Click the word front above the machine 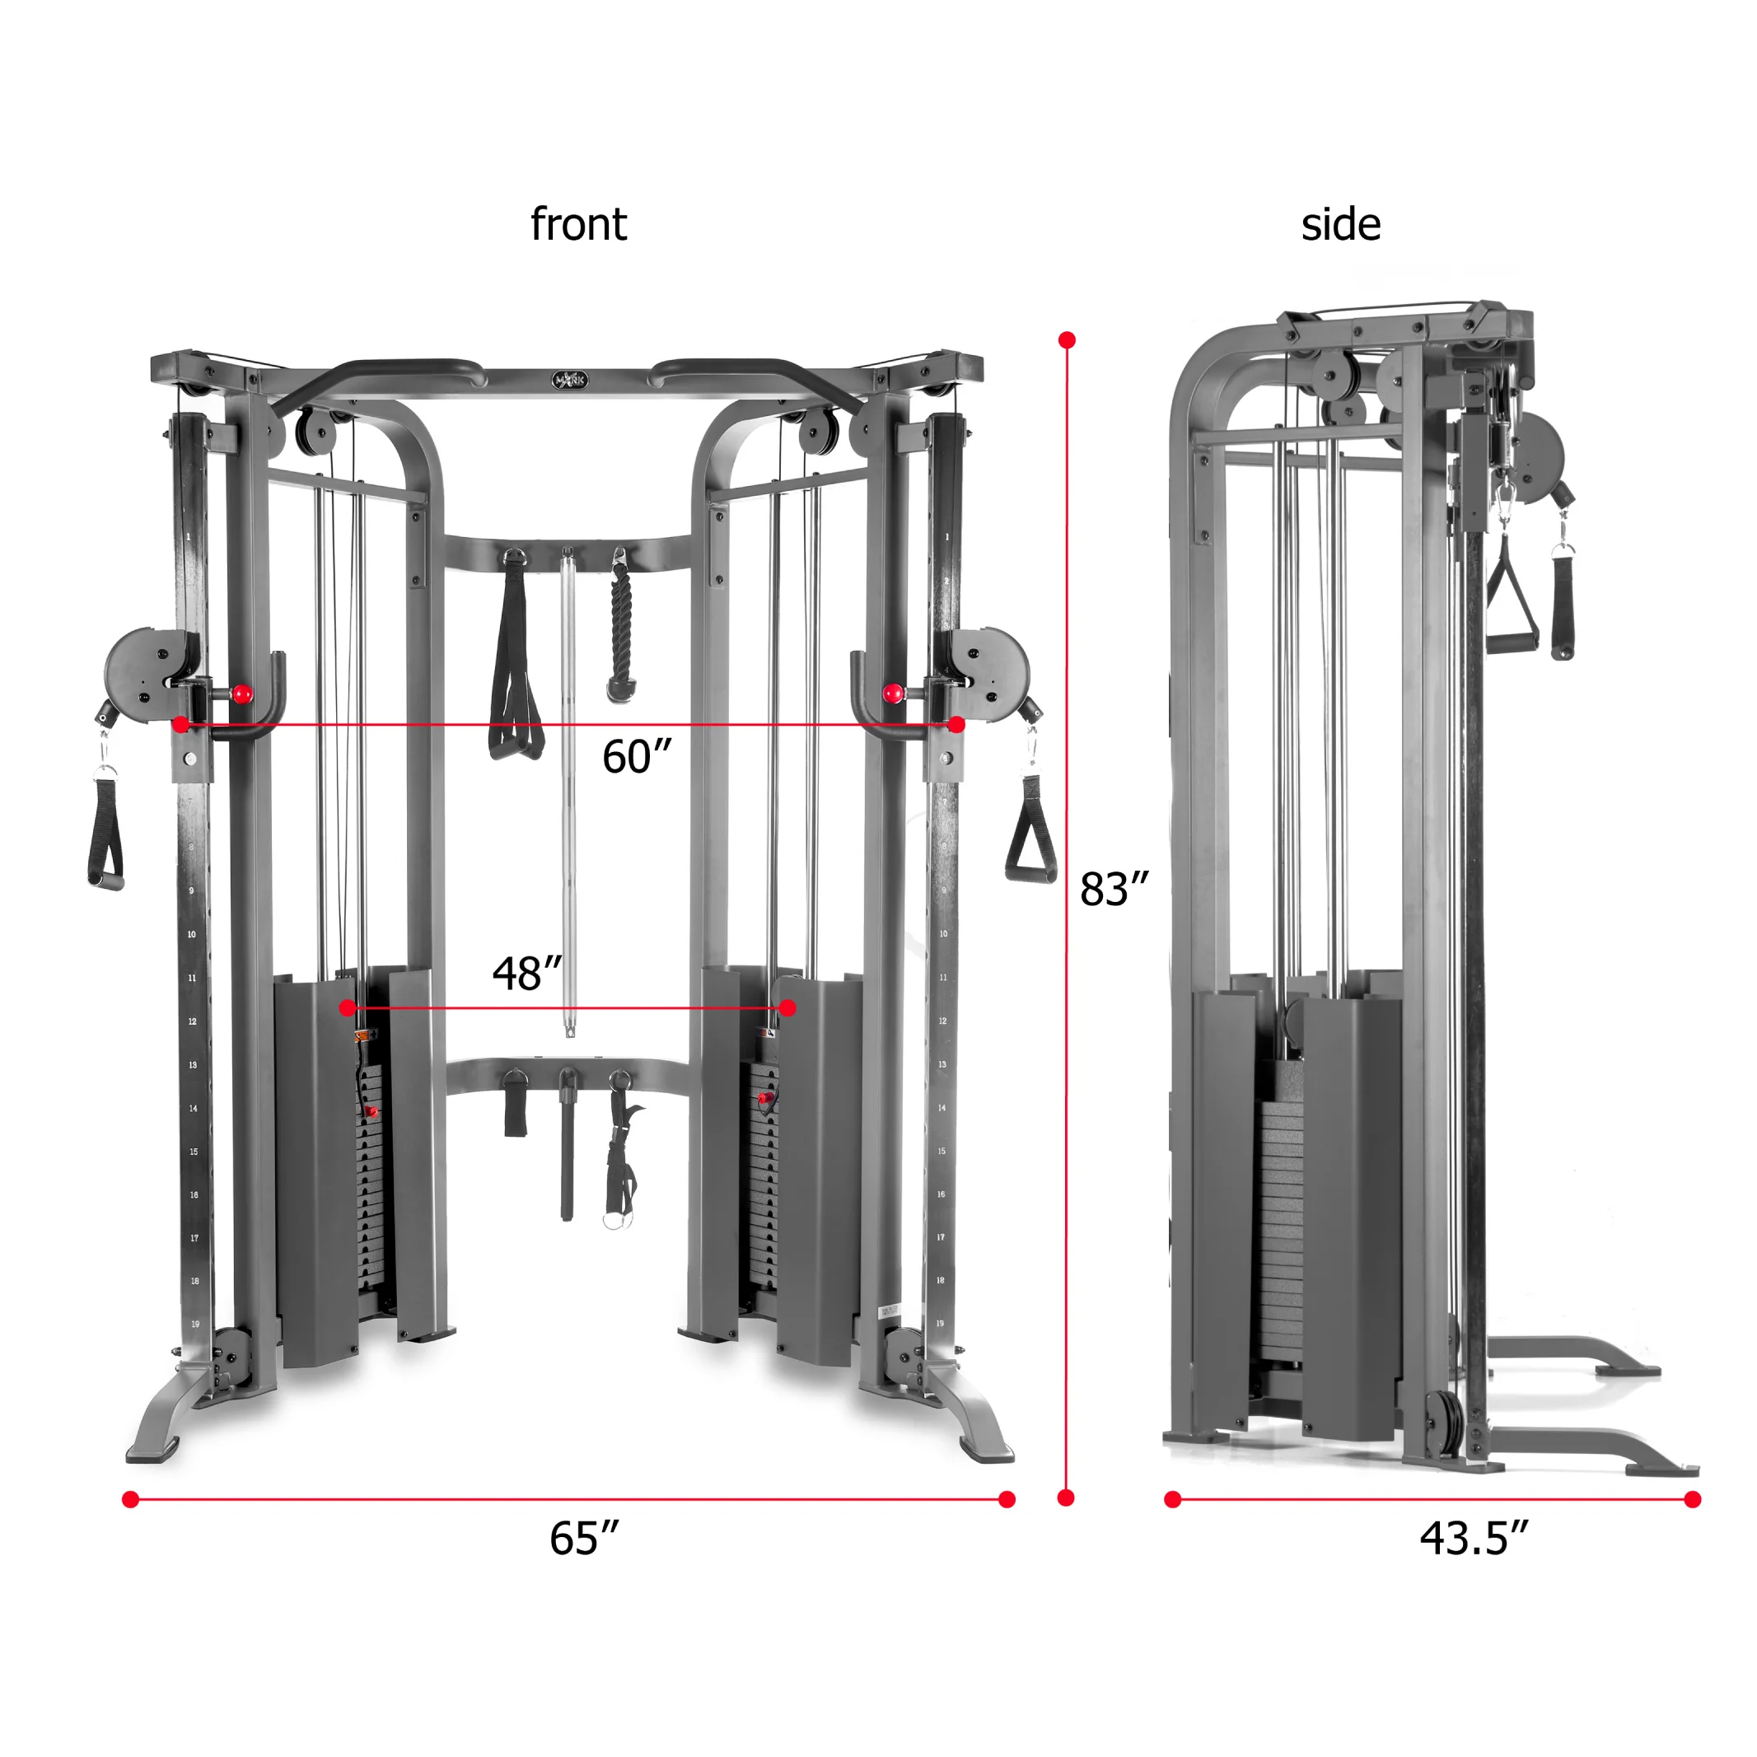click(x=578, y=225)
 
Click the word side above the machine click(x=1340, y=225)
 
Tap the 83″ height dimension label click(x=1114, y=890)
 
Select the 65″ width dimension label click(x=584, y=1539)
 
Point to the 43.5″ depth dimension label click(x=1474, y=1539)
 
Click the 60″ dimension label click(x=637, y=757)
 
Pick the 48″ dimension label click(x=526, y=973)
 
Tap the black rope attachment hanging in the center click(x=621, y=637)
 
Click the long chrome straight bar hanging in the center click(x=568, y=792)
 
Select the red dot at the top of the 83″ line click(x=1068, y=340)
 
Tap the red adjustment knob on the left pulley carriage click(x=242, y=694)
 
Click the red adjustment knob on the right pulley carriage click(x=893, y=693)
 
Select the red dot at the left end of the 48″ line click(x=348, y=1007)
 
